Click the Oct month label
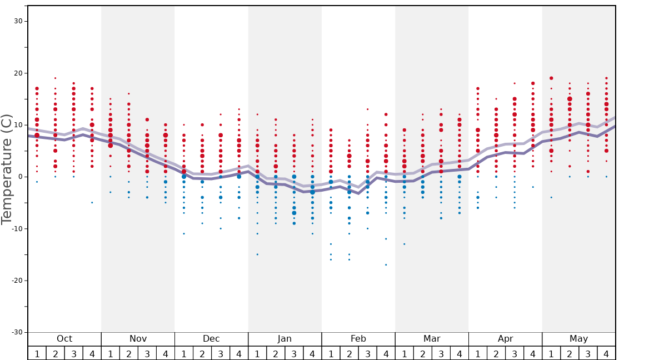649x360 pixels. [x=64, y=339]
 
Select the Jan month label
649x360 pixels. [x=284, y=339]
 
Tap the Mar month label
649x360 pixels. [x=432, y=339]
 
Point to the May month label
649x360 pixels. [x=578, y=339]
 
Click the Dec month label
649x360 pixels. [x=211, y=339]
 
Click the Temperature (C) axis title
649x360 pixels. [x=7, y=169]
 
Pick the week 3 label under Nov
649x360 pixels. [x=147, y=353]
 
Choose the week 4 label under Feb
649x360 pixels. [x=386, y=353]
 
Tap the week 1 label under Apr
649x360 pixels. [x=478, y=353]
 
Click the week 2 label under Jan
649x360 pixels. [x=276, y=353]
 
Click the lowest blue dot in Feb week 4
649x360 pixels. [x=386, y=264]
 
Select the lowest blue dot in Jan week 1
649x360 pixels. [x=257, y=254]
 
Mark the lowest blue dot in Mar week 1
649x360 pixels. [x=404, y=244]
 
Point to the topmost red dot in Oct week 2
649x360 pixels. [x=55, y=78]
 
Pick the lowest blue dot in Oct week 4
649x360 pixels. [x=92, y=202]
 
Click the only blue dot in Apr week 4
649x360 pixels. [x=533, y=187]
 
